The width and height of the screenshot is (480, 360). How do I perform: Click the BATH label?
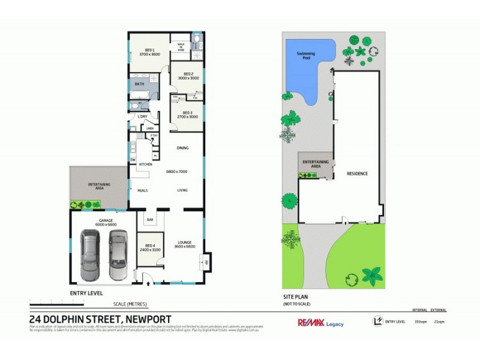pyautogui.click(x=139, y=84)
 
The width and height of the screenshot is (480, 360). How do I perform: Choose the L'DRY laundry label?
pyautogui.click(x=143, y=116)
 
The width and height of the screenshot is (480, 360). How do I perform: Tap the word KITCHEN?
pyautogui.click(x=146, y=164)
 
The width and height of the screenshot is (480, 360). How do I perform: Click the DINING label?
pyautogui.click(x=183, y=148)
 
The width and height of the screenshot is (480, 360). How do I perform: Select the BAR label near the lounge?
pyautogui.click(x=149, y=220)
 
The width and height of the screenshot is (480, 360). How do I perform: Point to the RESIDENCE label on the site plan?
pyautogui.click(x=357, y=174)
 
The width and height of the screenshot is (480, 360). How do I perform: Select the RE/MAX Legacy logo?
pyautogui.click(x=321, y=323)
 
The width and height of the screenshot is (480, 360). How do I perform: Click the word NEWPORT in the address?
pyautogui.click(x=147, y=319)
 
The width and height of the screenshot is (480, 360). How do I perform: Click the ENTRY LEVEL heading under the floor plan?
pyautogui.click(x=86, y=293)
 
